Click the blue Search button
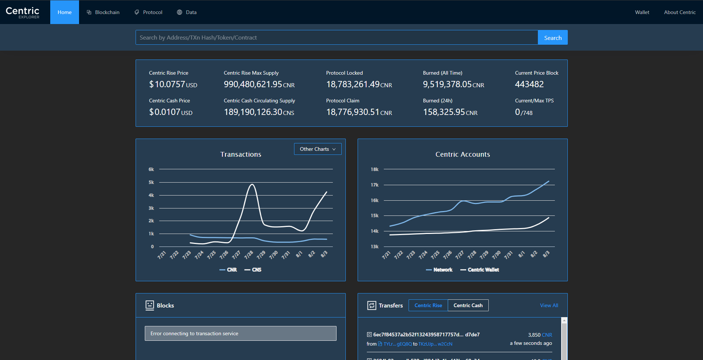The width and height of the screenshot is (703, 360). pos(552,38)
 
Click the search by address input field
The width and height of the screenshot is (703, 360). pos(336,38)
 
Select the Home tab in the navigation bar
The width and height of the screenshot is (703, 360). pos(65,12)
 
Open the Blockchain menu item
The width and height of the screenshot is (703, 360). pos(103,12)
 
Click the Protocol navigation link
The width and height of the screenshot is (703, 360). pos(148,12)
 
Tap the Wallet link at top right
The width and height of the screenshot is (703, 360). pos(642,12)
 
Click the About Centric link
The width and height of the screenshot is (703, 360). pos(679,12)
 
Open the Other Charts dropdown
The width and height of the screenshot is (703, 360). pos(317,149)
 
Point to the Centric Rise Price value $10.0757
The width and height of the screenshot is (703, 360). pos(173,84)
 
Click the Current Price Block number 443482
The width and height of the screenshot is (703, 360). pos(529,84)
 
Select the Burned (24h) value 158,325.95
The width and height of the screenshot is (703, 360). pos(450,112)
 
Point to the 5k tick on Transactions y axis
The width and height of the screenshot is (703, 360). pos(151,182)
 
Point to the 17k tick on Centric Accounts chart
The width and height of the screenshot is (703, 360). pos(374,185)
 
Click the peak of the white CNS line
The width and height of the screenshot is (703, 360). pos(252,184)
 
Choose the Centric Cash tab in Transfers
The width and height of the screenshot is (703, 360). pos(468,305)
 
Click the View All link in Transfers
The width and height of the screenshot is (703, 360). pos(549,305)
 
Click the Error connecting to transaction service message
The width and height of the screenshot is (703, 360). pos(240,333)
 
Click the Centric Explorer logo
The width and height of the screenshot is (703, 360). pos(23,12)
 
